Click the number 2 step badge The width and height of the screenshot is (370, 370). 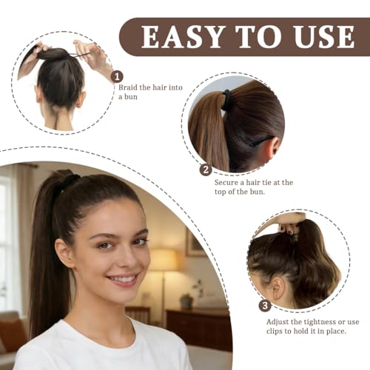(206, 169)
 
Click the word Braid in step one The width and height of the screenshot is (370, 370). (130, 87)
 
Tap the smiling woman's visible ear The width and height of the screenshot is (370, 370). (65, 253)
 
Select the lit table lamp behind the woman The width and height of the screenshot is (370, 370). (164, 260)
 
